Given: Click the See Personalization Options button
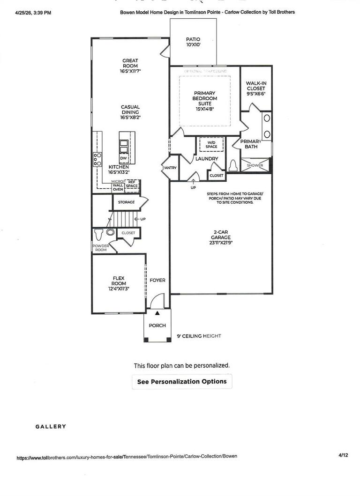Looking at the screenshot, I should [182, 382].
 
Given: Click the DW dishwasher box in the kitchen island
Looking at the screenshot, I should [123, 159].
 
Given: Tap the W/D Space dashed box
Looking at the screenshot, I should [211, 144].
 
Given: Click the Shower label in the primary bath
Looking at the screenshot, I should [255, 166].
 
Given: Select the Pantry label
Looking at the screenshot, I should [169, 167].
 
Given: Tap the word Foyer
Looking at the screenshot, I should [157, 280].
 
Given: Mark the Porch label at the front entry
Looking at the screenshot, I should [157, 326].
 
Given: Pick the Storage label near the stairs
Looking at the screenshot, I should [126, 202].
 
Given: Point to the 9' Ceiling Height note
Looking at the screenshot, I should [199, 336].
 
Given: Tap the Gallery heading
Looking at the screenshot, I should [51, 427].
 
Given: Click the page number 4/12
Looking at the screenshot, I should [343, 455].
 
